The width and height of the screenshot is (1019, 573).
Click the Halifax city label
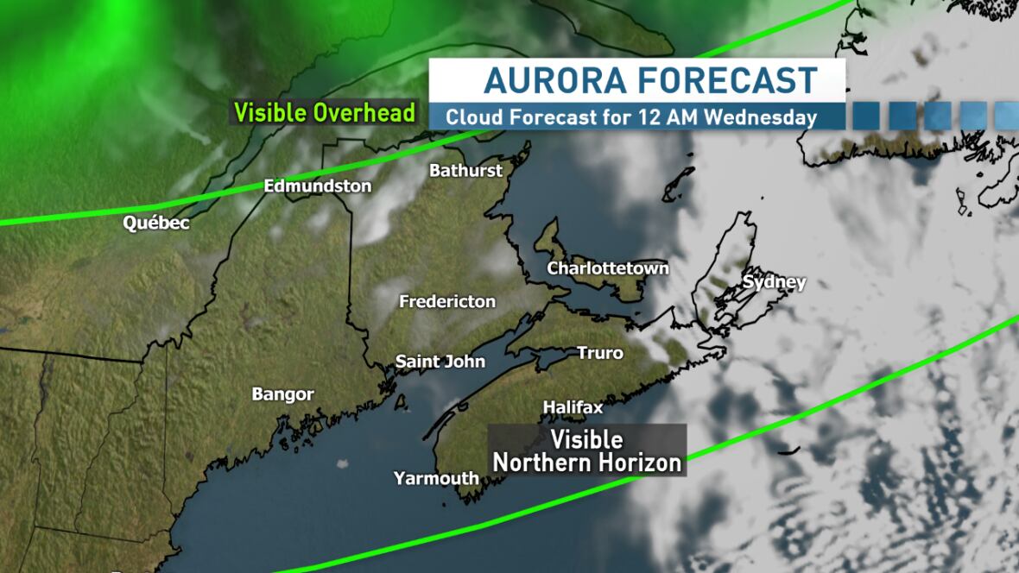click(573, 406)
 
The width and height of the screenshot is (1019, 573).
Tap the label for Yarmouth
click(436, 478)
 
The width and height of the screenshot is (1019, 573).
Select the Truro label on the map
click(599, 353)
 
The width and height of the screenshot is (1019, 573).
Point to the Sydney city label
click(774, 282)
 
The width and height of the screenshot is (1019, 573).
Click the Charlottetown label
click(608, 268)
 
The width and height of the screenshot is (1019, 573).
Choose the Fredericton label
click(447, 301)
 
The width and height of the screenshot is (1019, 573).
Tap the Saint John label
click(440, 362)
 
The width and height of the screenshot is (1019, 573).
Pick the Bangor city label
click(282, 394)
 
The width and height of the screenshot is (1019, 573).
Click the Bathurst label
click(465, 170)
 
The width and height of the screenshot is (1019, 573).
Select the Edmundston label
click(318, 186)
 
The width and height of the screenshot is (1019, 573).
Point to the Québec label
click(156, 224)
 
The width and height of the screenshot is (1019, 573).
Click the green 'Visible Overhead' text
click(325, 113)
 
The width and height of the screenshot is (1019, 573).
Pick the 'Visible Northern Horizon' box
click(587, 450)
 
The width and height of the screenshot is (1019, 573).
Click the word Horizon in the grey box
click(637, 463)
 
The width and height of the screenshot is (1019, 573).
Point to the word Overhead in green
click(364, 113)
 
